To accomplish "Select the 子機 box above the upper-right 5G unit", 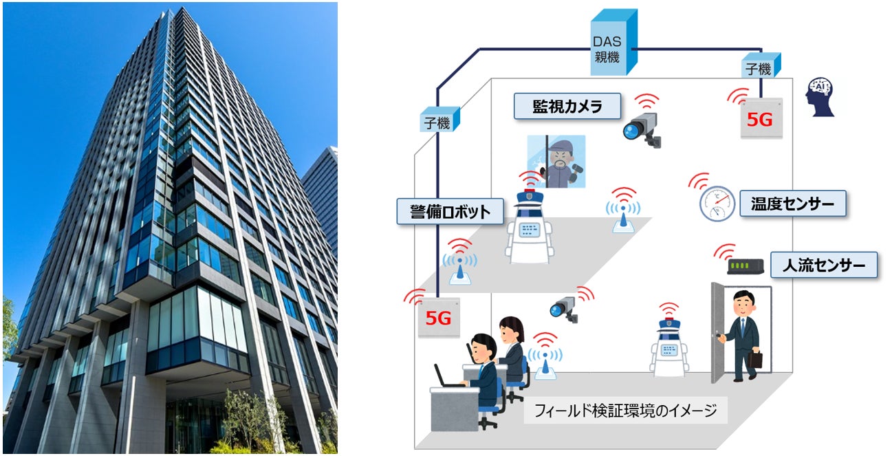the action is coord(759,67).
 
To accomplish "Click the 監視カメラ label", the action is coord(567,107).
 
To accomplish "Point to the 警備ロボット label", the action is coord(444,212).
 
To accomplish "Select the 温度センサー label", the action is coord(792,204).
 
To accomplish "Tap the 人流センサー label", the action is coord(824,265).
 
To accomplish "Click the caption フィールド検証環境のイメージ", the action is coord(625,411).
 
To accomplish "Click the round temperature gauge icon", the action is coord(713,203).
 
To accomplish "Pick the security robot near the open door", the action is coord(669,348).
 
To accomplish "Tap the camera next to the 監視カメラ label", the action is coord(642,129).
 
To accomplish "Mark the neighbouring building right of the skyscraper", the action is coord(322,193).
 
